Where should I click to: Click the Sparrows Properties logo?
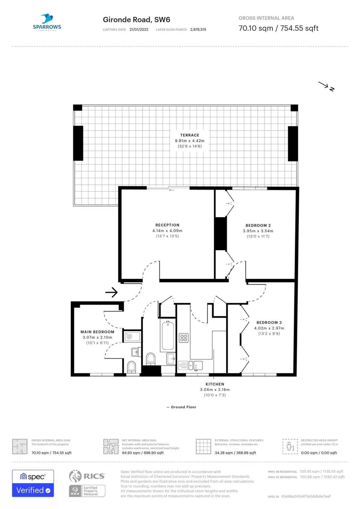point(47,22)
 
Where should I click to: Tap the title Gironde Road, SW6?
point(136,19)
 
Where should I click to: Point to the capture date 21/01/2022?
point(139,29)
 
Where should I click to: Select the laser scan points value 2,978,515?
point(198,29)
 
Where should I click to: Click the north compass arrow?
point(326,86)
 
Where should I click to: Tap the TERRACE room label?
point(190,135)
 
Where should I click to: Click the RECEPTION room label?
point(167,225)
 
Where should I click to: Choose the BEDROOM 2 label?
point(258,226)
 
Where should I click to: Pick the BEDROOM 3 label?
point(269,322)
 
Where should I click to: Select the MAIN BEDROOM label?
point(97,332)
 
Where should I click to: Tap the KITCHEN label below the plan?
point(215,384)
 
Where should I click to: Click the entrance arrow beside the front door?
point(111,292)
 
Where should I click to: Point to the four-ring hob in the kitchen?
point(184,338)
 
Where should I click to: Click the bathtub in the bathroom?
point(168,335)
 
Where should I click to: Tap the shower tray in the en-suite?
point(132,336)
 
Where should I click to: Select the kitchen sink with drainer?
point(190,365)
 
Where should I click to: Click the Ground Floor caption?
point(183,407)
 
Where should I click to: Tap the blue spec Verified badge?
point(33,483)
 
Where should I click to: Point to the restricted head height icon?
point(290,447)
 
